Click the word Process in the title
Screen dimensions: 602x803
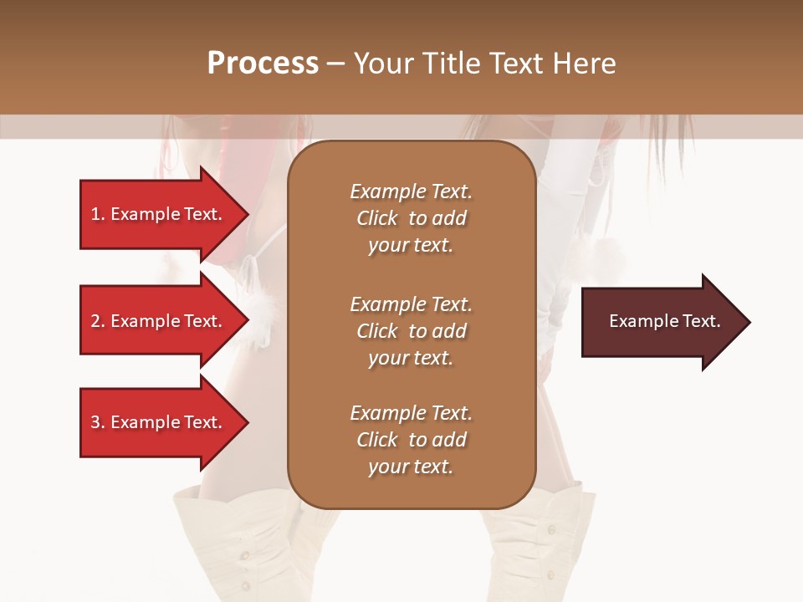tap(263, 64)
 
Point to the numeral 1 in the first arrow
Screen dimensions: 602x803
tap(95, 214)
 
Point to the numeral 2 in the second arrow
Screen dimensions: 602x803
tap(95, 321)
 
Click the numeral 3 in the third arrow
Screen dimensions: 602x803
tap(95, 422)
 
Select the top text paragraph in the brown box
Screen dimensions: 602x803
tap(411, 218)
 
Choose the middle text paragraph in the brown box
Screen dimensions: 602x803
tap(411, 331)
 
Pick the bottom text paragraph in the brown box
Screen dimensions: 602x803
tap(411, 440)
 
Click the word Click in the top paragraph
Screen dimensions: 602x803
tap(377, 218)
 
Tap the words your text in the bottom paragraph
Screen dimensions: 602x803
tap(411, 467)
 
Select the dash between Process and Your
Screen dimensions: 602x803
tap(335, 64)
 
